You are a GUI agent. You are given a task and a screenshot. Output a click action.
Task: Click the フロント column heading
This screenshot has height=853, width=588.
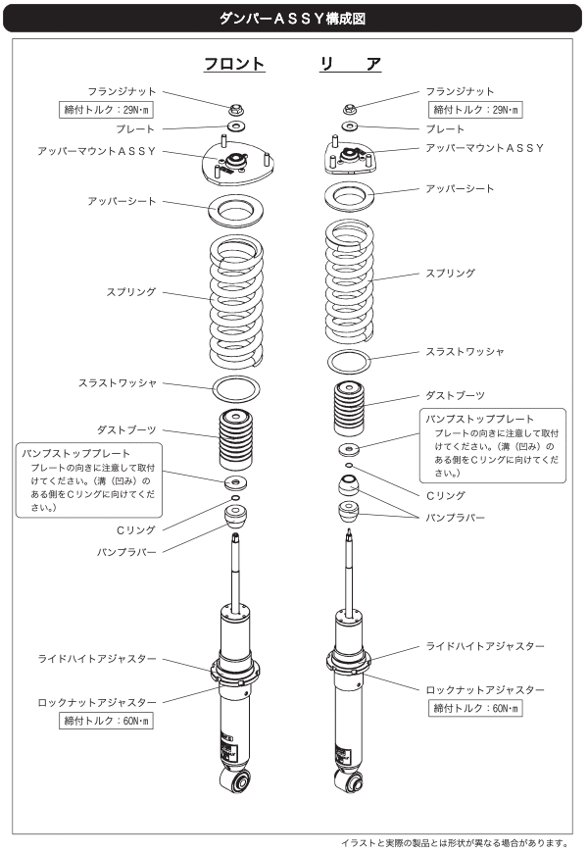235,64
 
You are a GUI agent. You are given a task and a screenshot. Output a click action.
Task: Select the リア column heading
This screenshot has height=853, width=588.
351,64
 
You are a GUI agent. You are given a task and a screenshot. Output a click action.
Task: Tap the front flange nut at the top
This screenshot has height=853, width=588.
235,109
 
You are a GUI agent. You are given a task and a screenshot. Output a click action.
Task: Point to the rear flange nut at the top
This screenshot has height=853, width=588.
350,108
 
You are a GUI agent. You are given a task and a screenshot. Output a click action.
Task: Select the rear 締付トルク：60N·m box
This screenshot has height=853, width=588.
476,707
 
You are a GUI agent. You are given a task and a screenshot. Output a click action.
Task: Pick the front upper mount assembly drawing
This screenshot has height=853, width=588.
235,163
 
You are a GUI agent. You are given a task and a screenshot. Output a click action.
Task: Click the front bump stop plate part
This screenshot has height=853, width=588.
235,483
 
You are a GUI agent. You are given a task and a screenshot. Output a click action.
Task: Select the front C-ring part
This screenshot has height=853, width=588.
235,500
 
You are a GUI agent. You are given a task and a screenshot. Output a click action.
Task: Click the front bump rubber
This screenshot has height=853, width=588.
235,516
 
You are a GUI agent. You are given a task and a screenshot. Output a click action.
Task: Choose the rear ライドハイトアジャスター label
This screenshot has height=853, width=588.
485,648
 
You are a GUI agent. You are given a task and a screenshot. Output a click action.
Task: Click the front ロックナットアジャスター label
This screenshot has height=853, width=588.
97,702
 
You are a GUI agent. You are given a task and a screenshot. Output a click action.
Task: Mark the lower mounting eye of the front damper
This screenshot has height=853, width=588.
235,781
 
